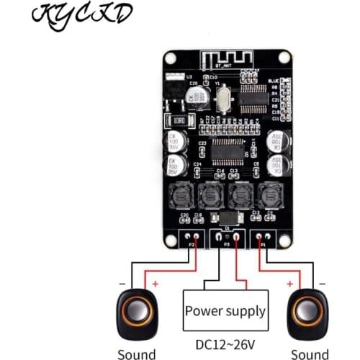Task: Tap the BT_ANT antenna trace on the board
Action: pos(227,58)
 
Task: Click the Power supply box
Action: pos(225,311)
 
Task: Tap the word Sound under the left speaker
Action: pos(136,354)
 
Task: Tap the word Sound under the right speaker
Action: pos(309,354)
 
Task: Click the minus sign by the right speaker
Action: pos(321,284)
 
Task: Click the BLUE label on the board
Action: pos(272,81)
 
